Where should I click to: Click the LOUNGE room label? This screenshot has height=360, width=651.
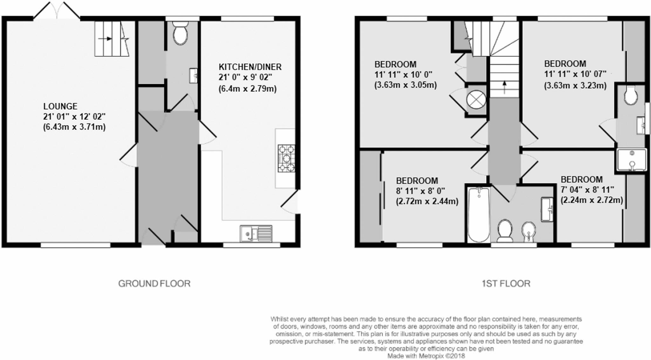pos(60,106)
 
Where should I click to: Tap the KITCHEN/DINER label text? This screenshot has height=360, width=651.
pos(250,67)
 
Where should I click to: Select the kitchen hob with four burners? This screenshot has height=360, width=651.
pos(286,158)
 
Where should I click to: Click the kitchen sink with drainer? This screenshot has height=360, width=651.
pos(256,234)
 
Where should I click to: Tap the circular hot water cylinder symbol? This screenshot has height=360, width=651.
pos(476,100)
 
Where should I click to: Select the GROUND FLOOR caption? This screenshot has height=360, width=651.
pos(154,283)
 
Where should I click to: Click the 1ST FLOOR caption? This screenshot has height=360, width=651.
pos(506,283)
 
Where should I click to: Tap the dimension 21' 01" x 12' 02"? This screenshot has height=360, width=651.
pos(74,117)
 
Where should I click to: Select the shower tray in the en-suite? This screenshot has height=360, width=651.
pos(631,160)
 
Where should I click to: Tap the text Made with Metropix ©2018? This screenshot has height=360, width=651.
pos(426,356)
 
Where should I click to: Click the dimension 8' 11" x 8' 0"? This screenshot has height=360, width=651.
pos(420,191)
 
